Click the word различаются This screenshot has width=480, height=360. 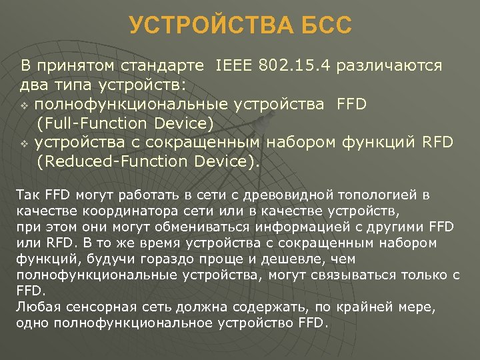tap(390, 66)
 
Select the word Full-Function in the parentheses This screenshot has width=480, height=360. tap(91, 123)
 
